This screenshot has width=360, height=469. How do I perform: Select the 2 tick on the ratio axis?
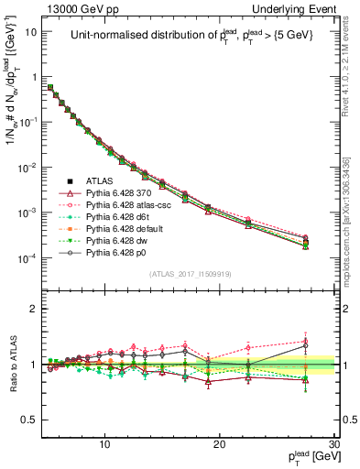(x=34, y=309)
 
